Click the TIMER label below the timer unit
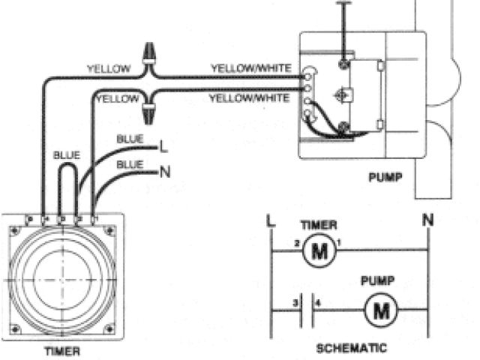(x=61, y=350)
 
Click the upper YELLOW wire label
(x=108, y=68)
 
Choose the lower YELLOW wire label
(x=117, y=98)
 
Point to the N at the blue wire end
(x=164, y=172)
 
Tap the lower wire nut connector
(x=148, y=114)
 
